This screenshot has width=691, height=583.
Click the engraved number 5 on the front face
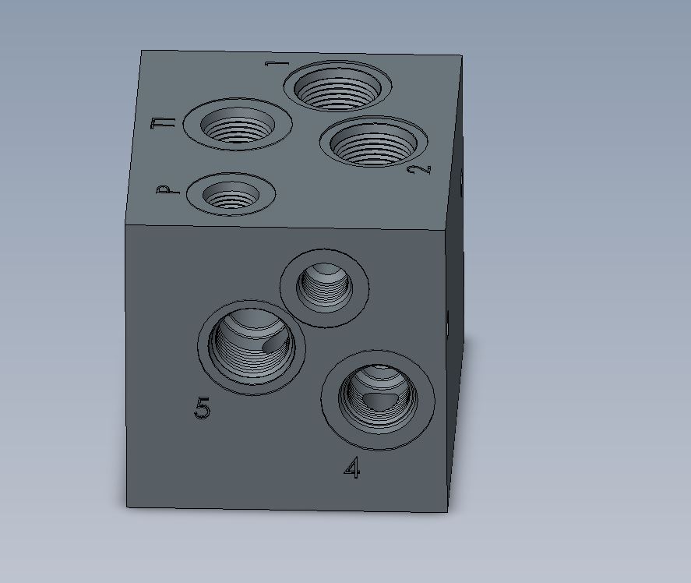coord(203,408)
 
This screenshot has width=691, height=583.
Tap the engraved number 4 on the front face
coord(352,468)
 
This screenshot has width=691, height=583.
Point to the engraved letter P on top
coord(168,190)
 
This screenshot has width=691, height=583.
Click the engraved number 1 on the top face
coord(277,64)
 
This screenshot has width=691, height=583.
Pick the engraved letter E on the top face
coord(163,123)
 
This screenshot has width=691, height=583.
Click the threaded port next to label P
coord(231,194)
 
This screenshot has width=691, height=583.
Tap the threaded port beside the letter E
coord(238,125)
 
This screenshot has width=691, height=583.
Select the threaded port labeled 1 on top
coord(337,86)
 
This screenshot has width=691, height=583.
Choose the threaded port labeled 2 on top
coord(374,141)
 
